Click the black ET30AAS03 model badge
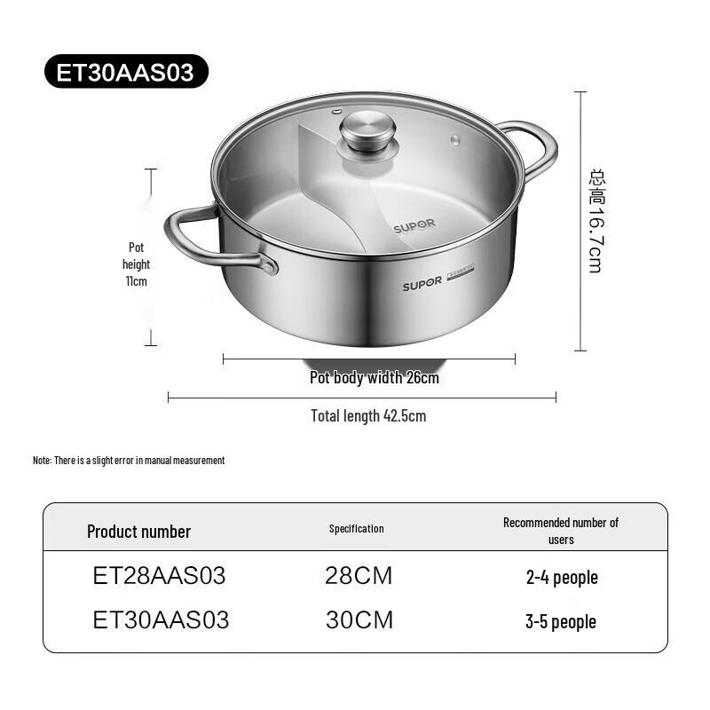tap(125, 72)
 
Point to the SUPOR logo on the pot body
tap(422, 286)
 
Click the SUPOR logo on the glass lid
tap(414, 226)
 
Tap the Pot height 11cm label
tap(136, 264)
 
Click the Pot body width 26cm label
tap(374, 378)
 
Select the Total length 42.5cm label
tap(367, 415)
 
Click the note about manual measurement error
tap(129, 461)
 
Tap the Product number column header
tap(138, 532)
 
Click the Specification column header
tap(356, 529)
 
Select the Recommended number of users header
tap(561, 531)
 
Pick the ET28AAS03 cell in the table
tap(159, 576)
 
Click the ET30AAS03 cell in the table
tap(161, 620)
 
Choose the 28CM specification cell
tap(359, 576)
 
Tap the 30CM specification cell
tap(359, 620)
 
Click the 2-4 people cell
tap(562, 578)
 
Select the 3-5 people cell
tap(561, 622)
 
